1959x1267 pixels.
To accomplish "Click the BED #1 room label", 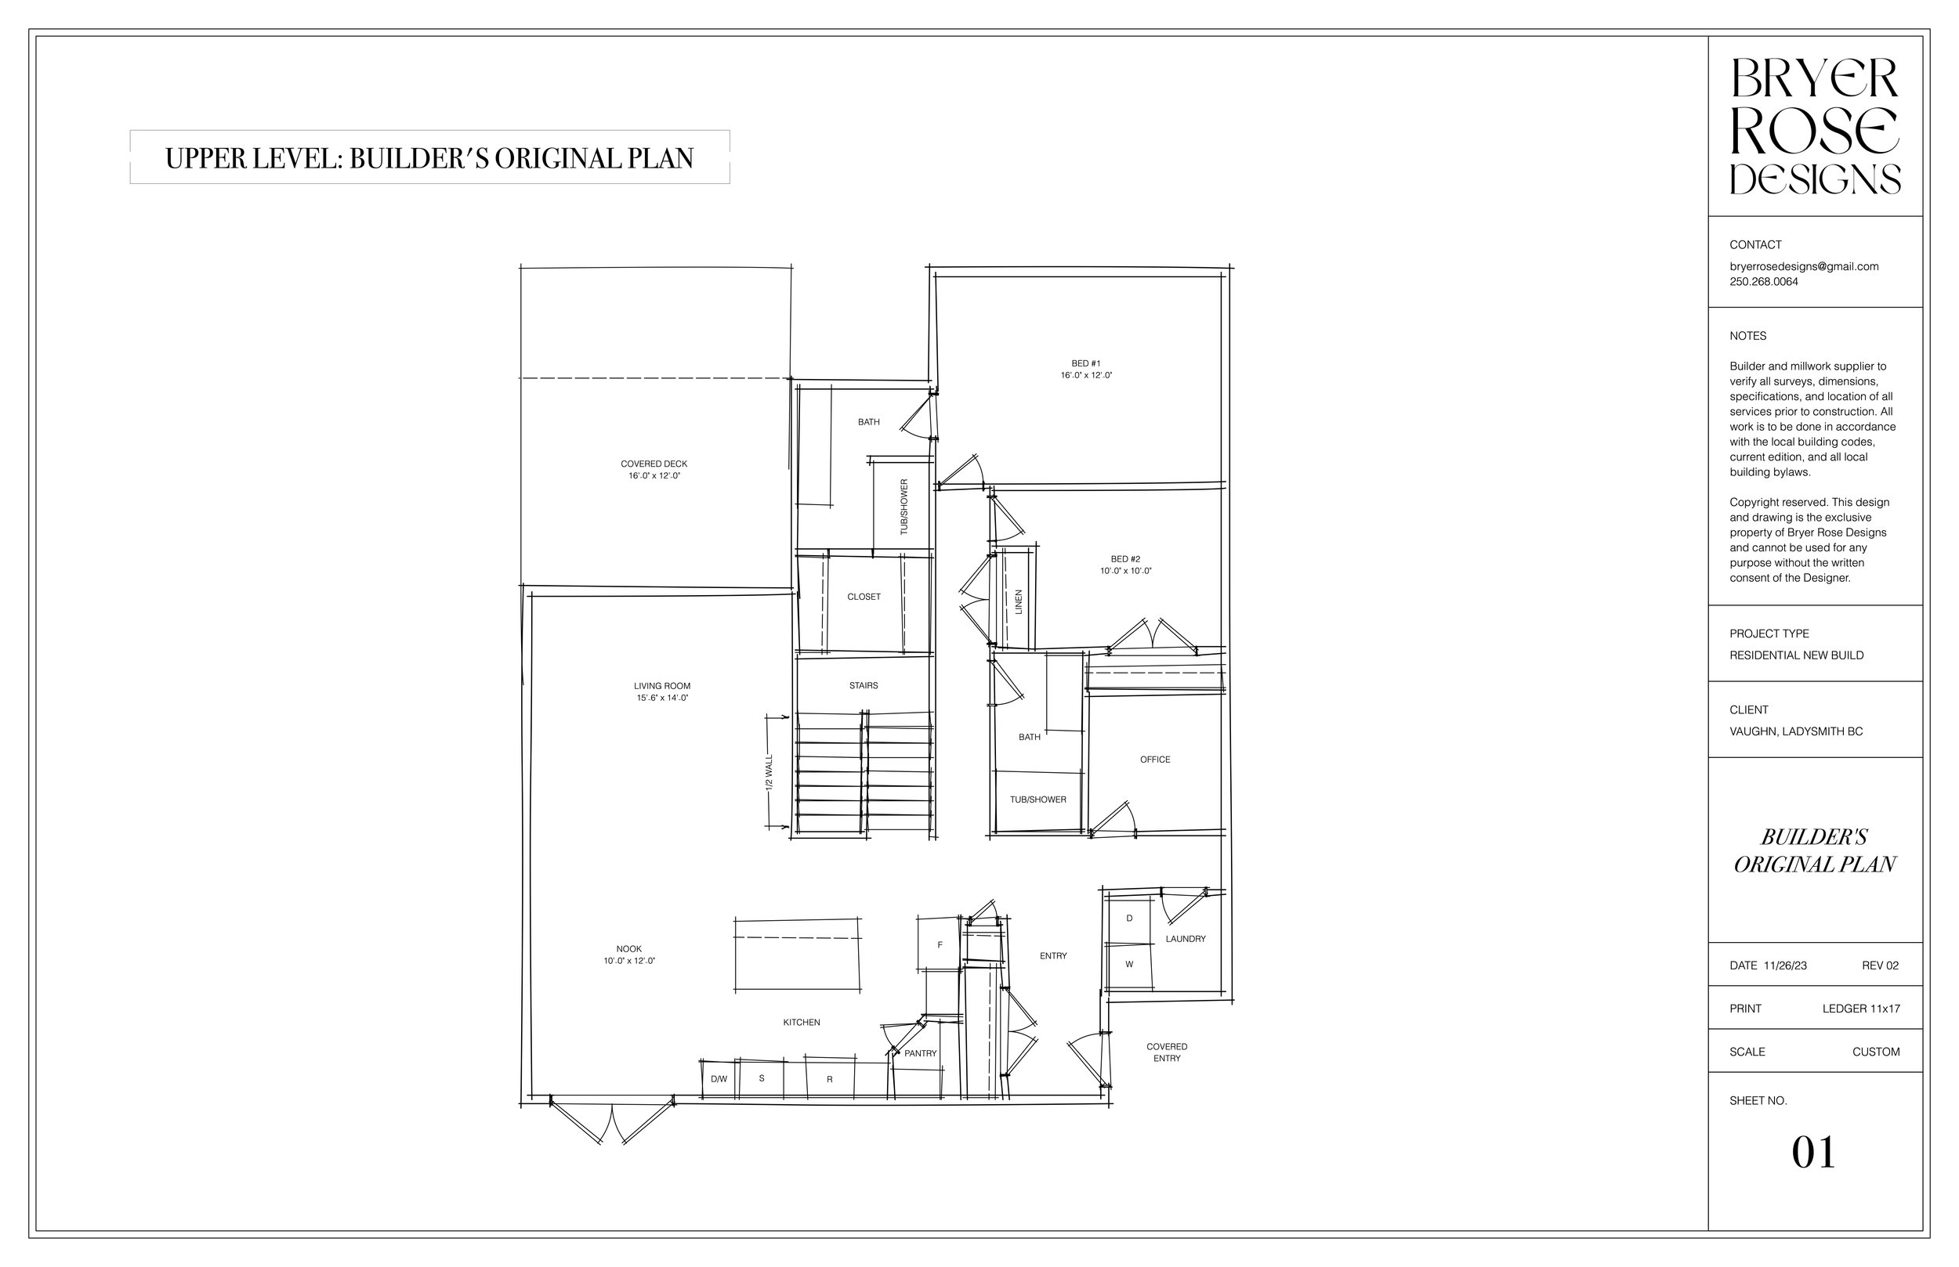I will click(1086, 363).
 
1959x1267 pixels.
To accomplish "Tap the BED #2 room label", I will click(1125, 559).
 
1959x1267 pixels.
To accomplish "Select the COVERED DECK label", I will click(654, 464).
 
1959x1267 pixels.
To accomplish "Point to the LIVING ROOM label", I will click(662, 686).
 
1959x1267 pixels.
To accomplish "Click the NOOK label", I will click(629, 949).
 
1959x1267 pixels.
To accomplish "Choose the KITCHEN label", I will click(801, 1023).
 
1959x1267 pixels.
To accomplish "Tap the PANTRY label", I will click(920, 1053).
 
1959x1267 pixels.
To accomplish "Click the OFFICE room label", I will click(1155, 760).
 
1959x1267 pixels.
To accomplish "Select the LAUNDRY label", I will click(1186, 939).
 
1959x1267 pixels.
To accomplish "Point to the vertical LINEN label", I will click(1018, 602).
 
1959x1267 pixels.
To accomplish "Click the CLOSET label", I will click(864, 597).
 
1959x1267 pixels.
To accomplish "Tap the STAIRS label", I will click(864, 686).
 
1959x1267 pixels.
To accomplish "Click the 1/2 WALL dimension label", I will click(769, 773).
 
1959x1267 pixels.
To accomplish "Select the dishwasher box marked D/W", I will click(719, 1079).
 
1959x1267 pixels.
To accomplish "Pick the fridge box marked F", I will click(940, 945).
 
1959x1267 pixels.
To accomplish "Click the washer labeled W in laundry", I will click(1128, 964).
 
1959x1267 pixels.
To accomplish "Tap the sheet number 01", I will click(1813, 1153).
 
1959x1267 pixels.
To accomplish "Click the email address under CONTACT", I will click(1803, 266).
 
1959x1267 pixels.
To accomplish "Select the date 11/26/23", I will click(1785, 966).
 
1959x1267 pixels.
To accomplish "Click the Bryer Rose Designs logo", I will click(1815, 126).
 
